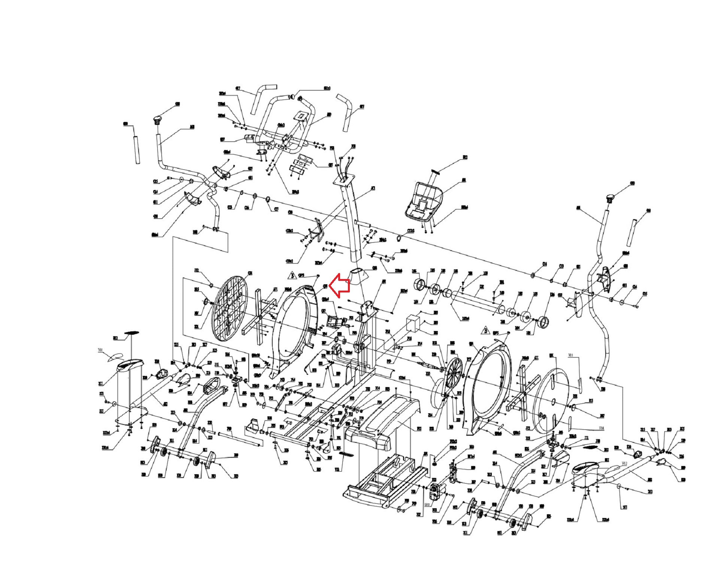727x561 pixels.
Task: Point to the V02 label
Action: pos(624,463)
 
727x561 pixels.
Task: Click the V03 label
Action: pos(570,356)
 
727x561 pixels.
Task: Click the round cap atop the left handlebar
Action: pos(157,120)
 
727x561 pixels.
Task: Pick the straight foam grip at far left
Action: pos(136,145)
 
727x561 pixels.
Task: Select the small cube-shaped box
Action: pos(414,322)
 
